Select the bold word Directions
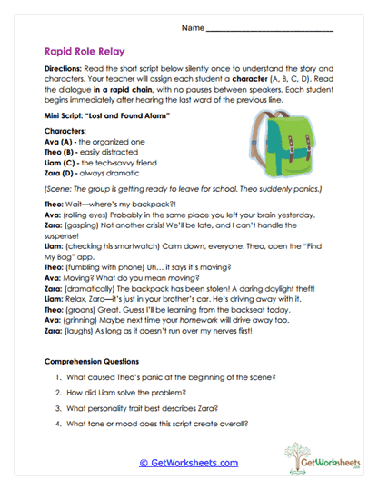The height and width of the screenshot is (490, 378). click(66, 69)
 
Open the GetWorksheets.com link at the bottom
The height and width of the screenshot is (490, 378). click(189, 463)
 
